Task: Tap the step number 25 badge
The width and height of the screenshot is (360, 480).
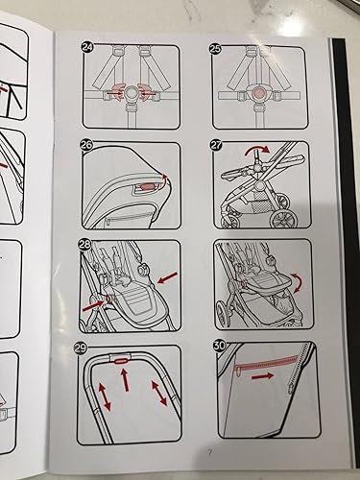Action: click(x=215, y=48)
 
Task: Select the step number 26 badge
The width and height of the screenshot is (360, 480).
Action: click(x=86, y=145)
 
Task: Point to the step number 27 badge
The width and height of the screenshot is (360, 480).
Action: click(x=216, y=145)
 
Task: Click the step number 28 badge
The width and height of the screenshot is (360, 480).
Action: click(x=84, y=244)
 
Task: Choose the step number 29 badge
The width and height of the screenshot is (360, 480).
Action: click(x=80, y=348)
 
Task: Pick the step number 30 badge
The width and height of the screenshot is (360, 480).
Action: click(x=220, y=345)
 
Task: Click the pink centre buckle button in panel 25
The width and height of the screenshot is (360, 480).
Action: click(x=257, y=94)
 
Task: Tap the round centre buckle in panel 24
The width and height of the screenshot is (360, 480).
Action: click(x=131, y=93)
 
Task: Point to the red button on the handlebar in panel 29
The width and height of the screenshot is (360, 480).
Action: click(x=120, y=361)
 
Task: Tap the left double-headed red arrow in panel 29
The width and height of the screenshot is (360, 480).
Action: click(x=105, y=397)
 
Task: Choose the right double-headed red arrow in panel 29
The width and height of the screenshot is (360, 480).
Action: click(x=158, y=392)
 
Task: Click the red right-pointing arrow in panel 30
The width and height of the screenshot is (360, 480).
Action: click(x=262, y=376)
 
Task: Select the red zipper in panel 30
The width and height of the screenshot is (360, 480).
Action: click(x=266, y=363)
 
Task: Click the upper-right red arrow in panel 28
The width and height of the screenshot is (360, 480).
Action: click(x=168, y=277)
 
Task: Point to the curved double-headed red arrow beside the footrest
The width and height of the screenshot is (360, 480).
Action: click(x=297, y=282)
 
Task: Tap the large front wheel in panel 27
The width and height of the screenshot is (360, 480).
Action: click(x=284, y=217)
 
